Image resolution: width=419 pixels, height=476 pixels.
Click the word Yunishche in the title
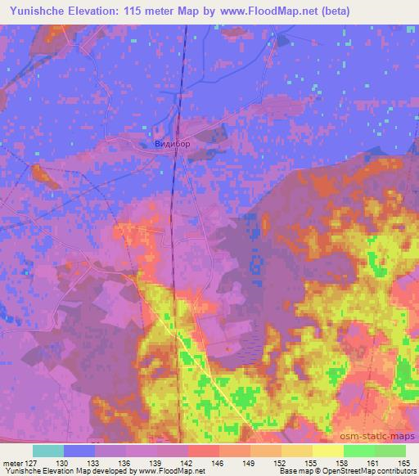coord(36,11)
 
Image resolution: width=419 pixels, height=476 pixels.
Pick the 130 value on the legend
coord(64,462)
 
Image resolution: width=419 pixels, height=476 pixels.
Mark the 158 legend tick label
coord(344,462)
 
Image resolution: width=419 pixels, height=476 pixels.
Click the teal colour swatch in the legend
coord(48,451)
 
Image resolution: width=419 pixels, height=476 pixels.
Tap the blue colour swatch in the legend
coord(79,451)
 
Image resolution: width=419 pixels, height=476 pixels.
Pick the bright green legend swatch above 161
coord(359,451)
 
